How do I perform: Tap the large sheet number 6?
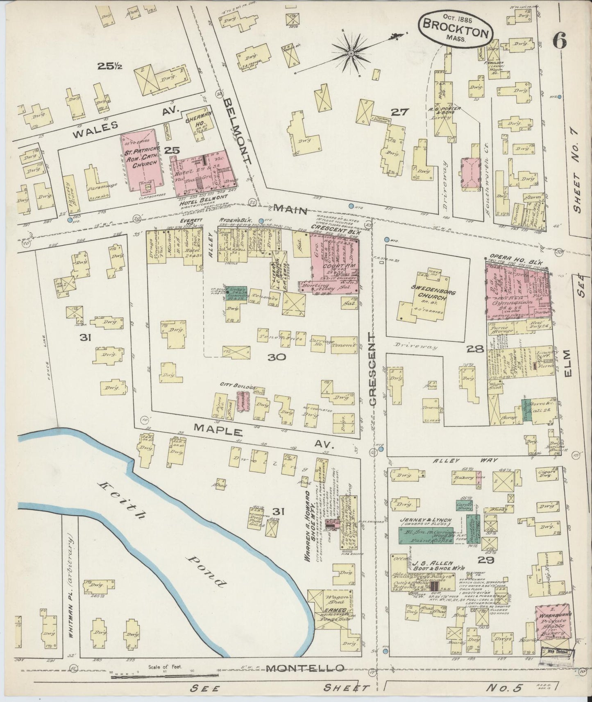(x=559, y=40)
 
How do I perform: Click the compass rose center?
(x=351, y=53)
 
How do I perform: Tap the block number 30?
(x=277, y=357)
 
